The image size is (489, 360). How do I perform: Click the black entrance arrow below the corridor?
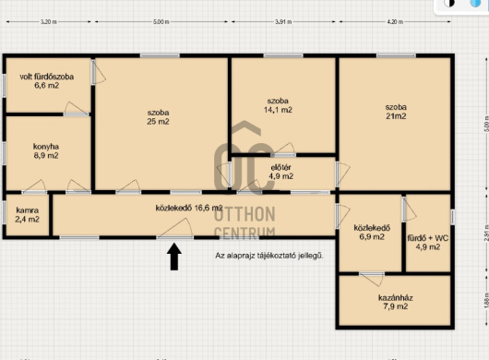[x=174, y=257]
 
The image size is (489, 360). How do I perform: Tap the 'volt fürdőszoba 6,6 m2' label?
[x=47, y=81]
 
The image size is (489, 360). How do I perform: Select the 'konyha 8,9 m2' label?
[x=46, y=151]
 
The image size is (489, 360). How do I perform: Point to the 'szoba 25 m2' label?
[x=158, y=117]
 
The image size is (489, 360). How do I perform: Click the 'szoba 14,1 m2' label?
[x=278, y=105]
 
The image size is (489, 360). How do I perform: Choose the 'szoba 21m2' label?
[x=396, y=112]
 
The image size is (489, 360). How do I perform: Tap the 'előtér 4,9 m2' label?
[x=281, y=172]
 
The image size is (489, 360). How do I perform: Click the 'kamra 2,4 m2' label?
[x=28, y=215]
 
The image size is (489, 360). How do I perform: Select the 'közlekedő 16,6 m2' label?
[x=189, y=208]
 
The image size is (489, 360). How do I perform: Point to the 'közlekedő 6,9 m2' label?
[x=372, y=232]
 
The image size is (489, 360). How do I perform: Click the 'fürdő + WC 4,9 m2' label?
[x=428, y=243]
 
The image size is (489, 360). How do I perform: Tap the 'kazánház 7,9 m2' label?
[x=396, y=302]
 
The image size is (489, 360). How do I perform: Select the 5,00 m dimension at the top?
[x=161, y=22]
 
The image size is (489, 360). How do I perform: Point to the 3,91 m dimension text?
[x=283, y=22]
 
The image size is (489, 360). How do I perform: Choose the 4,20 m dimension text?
[x=395, y=22]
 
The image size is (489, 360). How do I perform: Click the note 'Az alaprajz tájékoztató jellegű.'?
[x=269, y=256]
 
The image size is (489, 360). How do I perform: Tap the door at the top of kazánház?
[x=372, y=278]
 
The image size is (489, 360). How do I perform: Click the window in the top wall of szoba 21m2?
[x=396, y=55]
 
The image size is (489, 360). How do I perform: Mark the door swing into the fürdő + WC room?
[x=409, y=210]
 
